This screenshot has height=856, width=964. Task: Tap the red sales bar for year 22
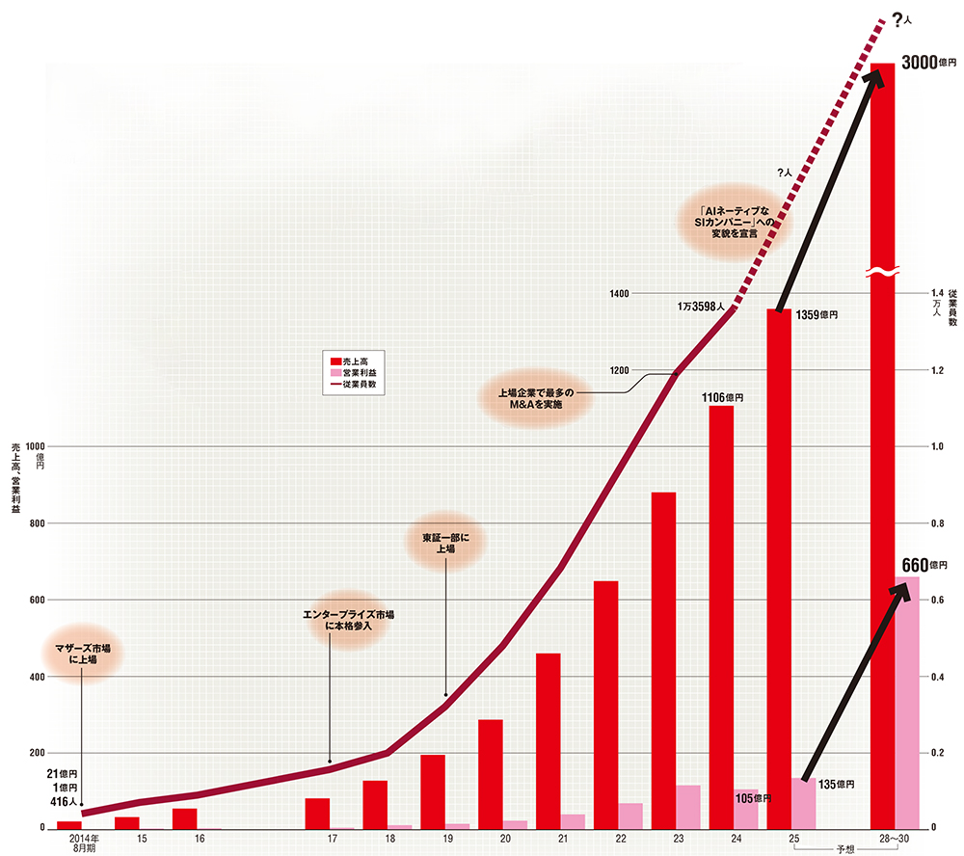coord(605,704)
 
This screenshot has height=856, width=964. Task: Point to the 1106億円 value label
coord(722,397)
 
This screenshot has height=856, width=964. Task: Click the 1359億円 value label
coord(817,315)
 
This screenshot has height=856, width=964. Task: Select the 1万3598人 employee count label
coord(707,308)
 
